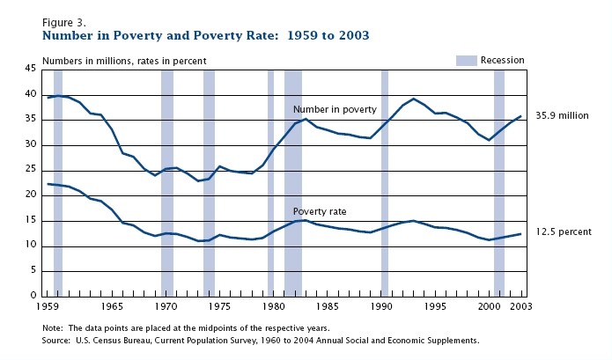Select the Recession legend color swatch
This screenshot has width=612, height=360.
(x=466, y=60)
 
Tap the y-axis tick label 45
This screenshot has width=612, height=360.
(x=30, y=69)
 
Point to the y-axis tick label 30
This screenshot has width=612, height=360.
(x=30, y=144)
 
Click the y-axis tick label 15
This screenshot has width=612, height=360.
(x=30, y=220)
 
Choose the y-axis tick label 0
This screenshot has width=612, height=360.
(x=33, y=296)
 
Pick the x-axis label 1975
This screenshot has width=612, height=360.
(x=219, y=306)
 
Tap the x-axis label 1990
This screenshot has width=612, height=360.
(x=380, y=306)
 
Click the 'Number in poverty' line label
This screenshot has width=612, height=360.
(x=335, y=109)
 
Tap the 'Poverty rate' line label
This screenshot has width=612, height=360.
(x=320, y=211)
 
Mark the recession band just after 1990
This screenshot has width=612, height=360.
(x=385, y=176)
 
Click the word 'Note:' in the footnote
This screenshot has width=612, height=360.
(x=54, y=327)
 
